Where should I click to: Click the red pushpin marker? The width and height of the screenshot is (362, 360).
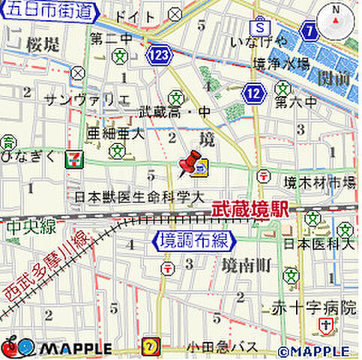click(x=190, y=161)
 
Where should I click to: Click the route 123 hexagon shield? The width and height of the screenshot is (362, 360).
click(x=159, y=55)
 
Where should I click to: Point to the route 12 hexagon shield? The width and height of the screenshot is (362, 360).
click(x=255, y=92)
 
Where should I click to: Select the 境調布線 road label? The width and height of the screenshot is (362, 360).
click(x=193, y=241)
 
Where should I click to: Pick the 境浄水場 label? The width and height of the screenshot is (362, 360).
click(x=281, y=64)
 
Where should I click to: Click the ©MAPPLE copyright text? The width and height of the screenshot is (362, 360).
click(x=313, y=350)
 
